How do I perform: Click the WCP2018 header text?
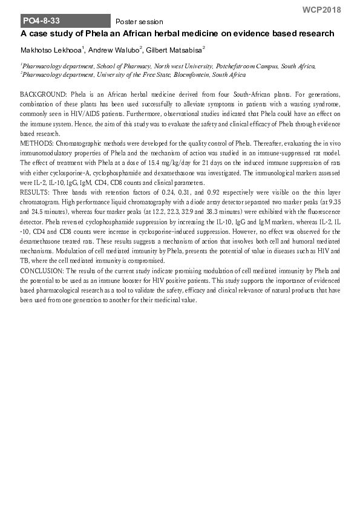point(321,10)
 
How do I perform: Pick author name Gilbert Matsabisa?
point(176,50)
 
